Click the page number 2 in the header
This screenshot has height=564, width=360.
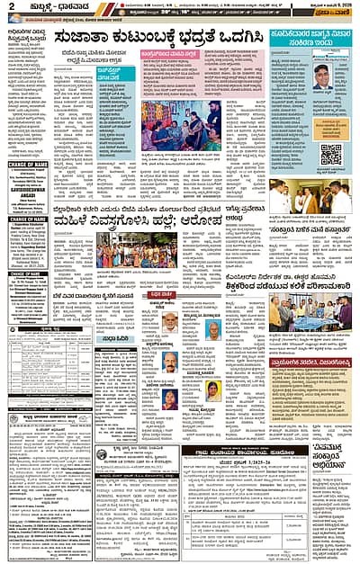9,8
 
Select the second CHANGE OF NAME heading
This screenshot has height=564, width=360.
28,219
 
